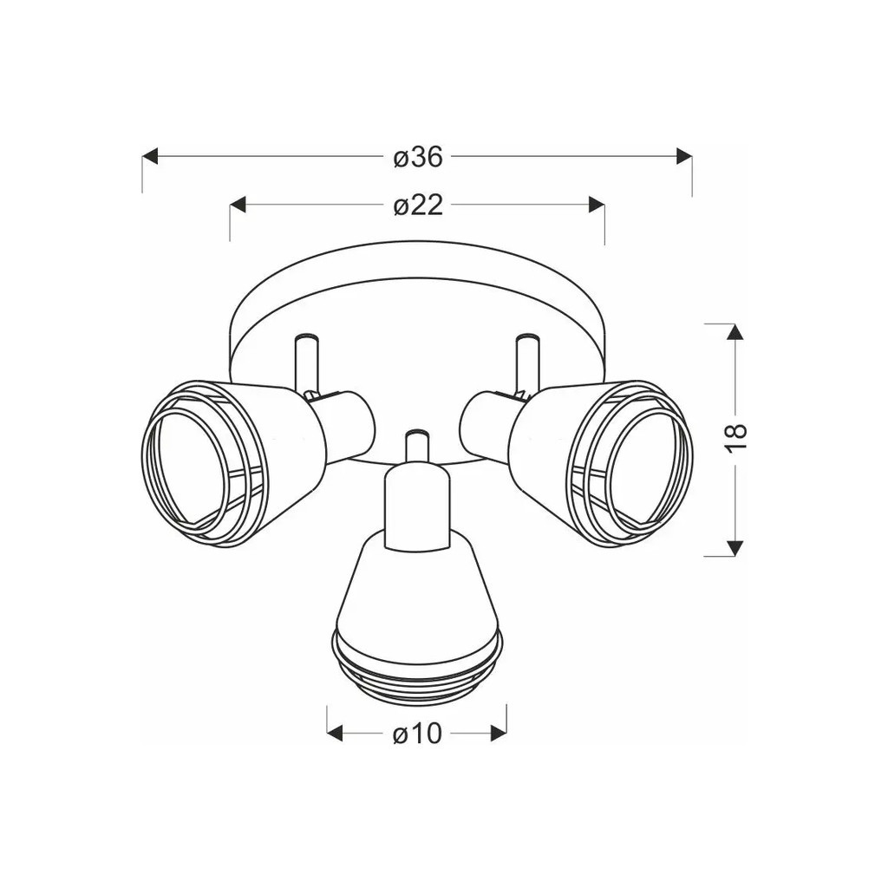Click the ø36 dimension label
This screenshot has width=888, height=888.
pos(418,157)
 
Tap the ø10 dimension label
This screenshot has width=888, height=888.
pos(417,735)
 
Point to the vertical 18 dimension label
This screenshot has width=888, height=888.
pos(735,437)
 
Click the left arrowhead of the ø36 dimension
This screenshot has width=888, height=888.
pos(149,157)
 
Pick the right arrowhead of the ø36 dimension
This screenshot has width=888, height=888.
pos(684,157)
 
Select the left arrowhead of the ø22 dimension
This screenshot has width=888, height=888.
pos(238,205)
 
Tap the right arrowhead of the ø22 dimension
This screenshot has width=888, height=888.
pos(597,205)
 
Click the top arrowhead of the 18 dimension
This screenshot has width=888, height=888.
pos(735,332)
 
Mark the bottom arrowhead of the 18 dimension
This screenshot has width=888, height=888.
pos(735,548)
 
